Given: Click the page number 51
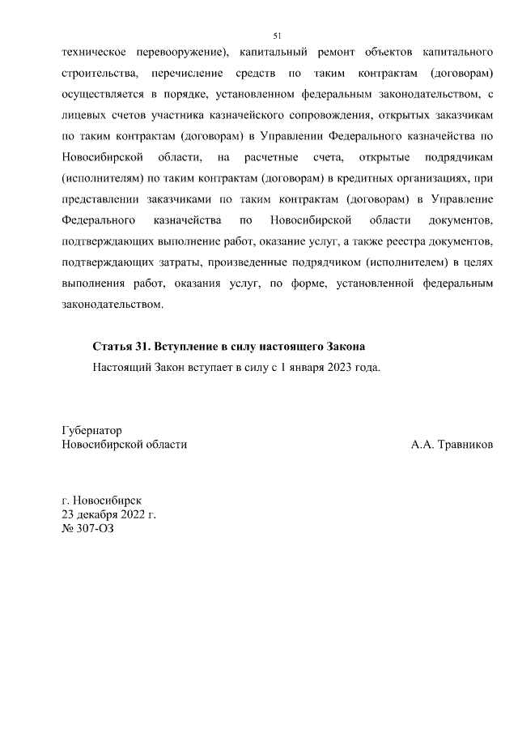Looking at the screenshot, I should [x=278, y=36].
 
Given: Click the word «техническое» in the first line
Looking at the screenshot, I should [x=94, y=53].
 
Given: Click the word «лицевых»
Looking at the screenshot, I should [x=84, y=116].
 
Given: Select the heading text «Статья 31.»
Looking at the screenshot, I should [x=122, y=346].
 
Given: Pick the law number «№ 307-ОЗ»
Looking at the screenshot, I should [x=84, y=528].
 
